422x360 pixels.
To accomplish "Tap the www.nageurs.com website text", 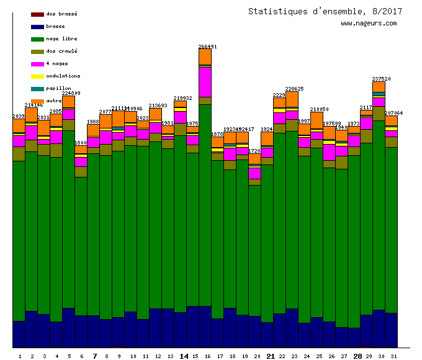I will tap(369, 24).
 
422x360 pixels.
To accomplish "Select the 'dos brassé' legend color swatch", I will tap(37, 14).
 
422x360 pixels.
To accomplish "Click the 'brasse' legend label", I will tap(55, 26).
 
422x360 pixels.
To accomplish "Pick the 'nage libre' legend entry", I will tap(61, 38).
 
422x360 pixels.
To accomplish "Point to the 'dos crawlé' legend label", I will tap(61, 51).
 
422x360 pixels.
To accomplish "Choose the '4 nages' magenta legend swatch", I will tap(37, 63).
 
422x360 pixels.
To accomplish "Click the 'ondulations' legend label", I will tap(63, 76).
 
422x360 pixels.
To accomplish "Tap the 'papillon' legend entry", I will tap(58, 88).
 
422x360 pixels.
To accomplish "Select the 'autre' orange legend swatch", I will tap(37, 101).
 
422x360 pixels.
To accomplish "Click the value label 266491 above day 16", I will tap(207, 47).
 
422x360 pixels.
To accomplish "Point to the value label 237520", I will tap(381, 79).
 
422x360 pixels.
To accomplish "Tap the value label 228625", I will tap(294, 89).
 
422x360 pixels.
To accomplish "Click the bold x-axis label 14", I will tap(184, 356).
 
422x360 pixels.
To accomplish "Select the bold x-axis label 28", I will tap(357, 356).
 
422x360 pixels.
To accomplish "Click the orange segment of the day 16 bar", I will tap(205, 56).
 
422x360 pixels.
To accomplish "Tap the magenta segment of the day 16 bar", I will tap(205, 81).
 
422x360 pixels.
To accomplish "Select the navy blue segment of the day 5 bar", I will tap(68, 327).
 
